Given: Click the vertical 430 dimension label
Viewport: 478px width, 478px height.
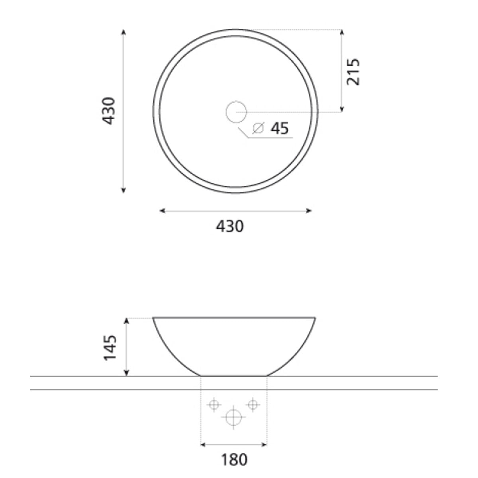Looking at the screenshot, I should tap(109, 111).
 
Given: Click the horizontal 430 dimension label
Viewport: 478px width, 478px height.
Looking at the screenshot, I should tap(229, 226).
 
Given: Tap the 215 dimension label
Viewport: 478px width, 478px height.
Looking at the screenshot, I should tap(353, 72).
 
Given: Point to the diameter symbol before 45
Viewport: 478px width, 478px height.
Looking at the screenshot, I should tap(259, 128).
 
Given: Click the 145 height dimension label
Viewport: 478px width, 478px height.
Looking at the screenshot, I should tap(110, 347).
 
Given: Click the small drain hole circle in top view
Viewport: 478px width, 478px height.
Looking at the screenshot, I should tap(236, 112).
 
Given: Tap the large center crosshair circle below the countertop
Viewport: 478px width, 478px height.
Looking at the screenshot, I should tap(233, 417).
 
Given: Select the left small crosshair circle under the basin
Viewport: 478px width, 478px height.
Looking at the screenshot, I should tap(214, 405).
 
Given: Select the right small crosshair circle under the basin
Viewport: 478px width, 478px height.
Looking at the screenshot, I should tap(252, 404).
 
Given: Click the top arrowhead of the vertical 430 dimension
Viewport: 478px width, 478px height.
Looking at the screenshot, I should tap(123, 32).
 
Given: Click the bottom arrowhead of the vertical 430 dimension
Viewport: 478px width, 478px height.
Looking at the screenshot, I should tap(123, 190).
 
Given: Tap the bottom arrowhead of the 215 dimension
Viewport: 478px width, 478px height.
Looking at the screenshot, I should tap(342, 109).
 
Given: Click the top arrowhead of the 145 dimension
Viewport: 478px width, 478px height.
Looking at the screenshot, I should tap(126, 321).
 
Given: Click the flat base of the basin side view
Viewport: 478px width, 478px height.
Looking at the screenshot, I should tap(233, 375).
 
